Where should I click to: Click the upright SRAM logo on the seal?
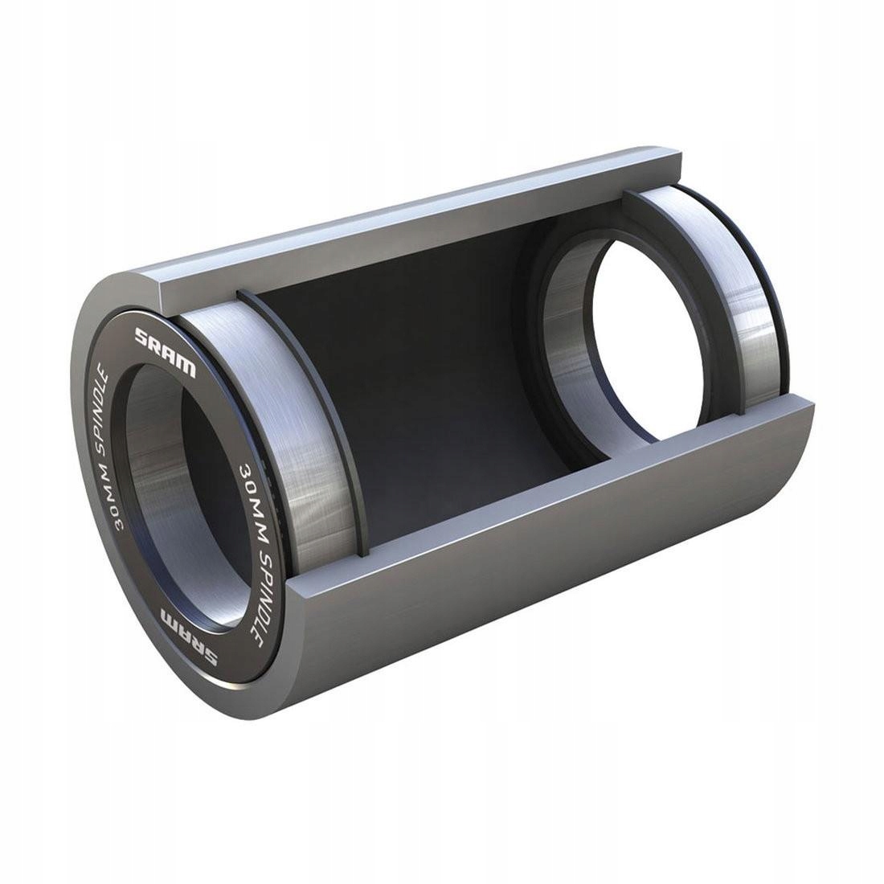[x=165, y=351]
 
